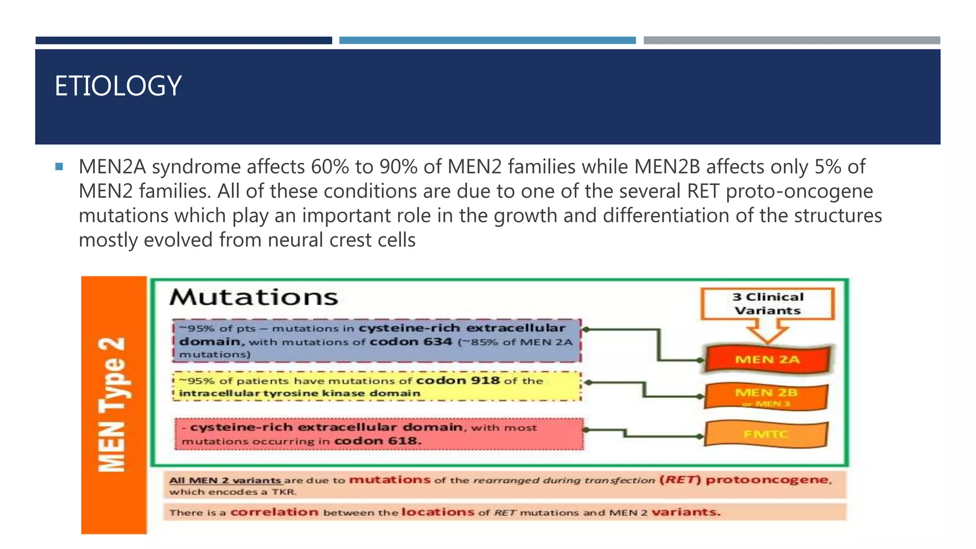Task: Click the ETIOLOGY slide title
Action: [118, 86]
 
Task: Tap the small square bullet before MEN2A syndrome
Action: [59, 167]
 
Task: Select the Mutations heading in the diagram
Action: [254, 297]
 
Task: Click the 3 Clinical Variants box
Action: [767, 304]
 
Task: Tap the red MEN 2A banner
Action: [767, 359]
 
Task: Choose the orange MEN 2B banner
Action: [766, 396]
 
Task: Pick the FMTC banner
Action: [766, 434]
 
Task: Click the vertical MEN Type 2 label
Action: [112, 405]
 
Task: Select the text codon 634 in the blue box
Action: [411, 342]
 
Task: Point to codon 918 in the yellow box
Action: [457, 380]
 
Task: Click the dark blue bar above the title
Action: [183, 41]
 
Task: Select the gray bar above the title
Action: [792, 41]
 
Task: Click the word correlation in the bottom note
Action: [274, 512]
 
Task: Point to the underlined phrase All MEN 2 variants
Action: [225, 480]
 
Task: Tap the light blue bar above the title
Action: [487, 41]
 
